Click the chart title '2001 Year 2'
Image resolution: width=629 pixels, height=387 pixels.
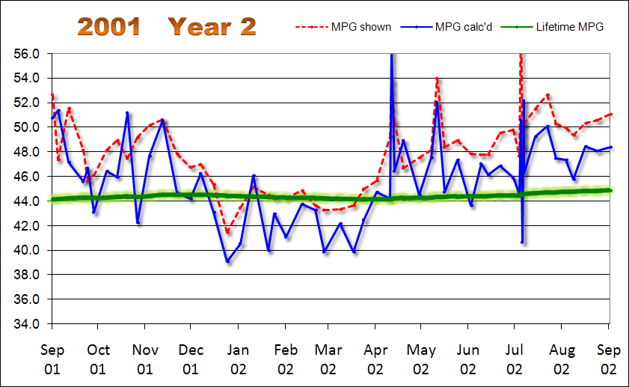click(x=167, y=27)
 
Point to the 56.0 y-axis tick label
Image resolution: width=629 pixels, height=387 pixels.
click(x=26, y=54)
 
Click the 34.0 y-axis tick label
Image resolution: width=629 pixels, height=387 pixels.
click(x=26, y=324)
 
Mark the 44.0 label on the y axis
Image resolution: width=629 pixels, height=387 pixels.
click(x=26, y=201)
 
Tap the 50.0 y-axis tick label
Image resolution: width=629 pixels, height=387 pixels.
click(x=26, y=127)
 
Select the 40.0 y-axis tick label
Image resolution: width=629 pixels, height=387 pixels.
click(x=26, y=250)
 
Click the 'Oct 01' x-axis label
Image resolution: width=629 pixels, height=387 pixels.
click(x=98, y=359)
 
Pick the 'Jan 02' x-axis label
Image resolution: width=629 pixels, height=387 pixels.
click(x=239, y=359)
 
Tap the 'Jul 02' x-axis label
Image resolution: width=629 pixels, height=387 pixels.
click(x=515, y=359)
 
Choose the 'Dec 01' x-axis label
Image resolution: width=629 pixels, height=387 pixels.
click(x=191, y=359)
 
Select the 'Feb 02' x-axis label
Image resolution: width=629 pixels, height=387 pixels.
click(x=285, y=359)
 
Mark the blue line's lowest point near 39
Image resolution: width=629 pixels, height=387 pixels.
click(x=228, y=261)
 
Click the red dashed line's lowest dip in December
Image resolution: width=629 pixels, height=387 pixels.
click(x=227, y=233)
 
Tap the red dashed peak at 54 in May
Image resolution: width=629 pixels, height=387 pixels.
click(x=437, y=78)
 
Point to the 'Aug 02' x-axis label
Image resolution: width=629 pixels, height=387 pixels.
click(x=562, y=359)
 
